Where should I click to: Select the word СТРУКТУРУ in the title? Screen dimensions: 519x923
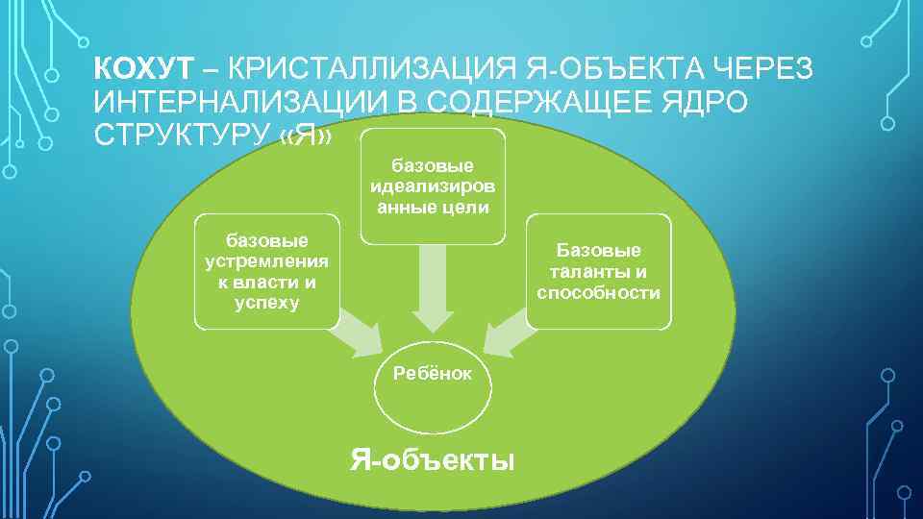click(x=178, y=136)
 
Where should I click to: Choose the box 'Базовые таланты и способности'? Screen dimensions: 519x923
click(x=599, y=271)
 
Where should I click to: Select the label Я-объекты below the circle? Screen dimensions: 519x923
click(x=432, y=459)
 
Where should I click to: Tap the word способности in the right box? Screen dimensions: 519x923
click(x=599, y=293)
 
